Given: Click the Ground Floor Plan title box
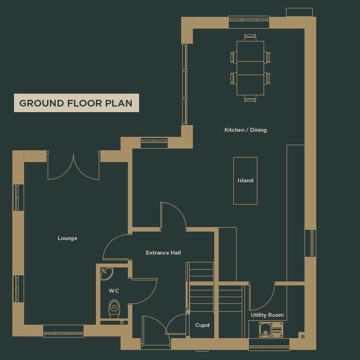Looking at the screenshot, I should coord(76,103).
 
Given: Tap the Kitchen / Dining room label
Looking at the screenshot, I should coord(246,130).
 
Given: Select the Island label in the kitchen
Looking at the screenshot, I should coord(246,181).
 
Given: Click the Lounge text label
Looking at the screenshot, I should coord(67,238).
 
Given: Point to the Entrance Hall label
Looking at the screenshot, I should coord(163,253).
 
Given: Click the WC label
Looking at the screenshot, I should coord(114,291).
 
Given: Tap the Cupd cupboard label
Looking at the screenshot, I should coord(202,325).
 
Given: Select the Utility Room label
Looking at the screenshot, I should coord(267,315).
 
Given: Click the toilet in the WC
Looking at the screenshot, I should coord(114,308).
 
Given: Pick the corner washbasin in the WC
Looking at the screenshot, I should coord(106,274).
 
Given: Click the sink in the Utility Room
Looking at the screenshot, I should coord(270,330).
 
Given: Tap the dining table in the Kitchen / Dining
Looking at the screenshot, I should coord(250,68).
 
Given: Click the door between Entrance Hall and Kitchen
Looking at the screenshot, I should coord(173,216).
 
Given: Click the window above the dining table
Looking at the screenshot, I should coord(249,22).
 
